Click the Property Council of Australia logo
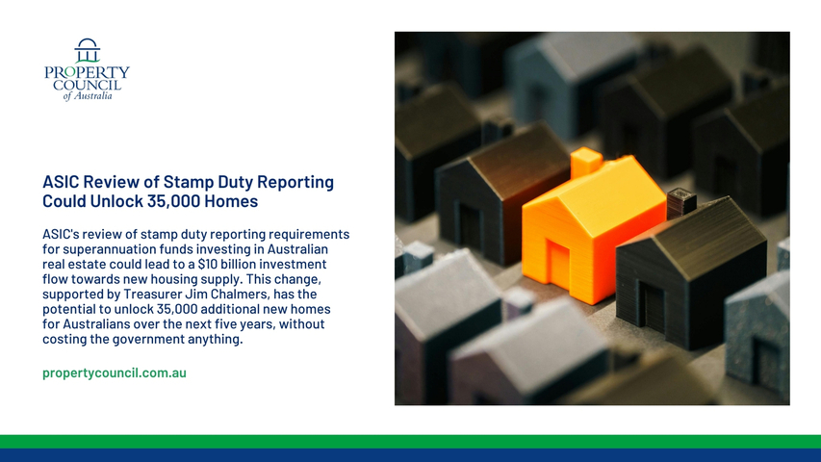point(87,69)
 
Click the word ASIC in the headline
point(61,182)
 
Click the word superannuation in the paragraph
point(109,249)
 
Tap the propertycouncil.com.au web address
point(115,372)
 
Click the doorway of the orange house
point(558,264)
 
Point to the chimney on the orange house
point(586,163)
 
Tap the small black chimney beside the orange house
point(681,203)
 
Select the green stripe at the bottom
point(410,441)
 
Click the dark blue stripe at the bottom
point(410,455)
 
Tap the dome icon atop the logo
point(88,50)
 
